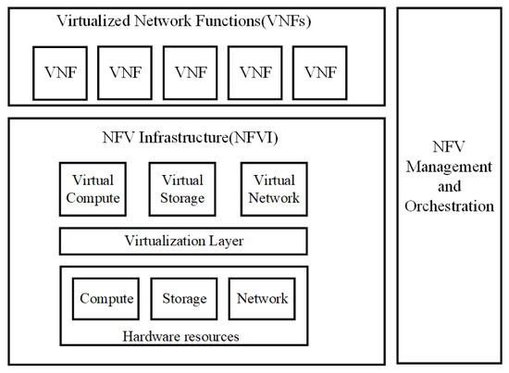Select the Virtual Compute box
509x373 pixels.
pyautogui.click(x=92, y=188)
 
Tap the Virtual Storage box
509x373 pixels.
pyautogui.click(x=182, y=188)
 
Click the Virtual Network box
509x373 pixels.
pyautogui.click(x=274, y=188)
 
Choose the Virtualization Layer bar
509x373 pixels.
pyautogui.click(x=182, y=241)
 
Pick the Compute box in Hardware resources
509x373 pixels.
pyautogui.click(x=106, y=299)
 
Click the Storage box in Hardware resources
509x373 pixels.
pyautogui.click(x=183, y=299)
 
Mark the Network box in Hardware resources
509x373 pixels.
pyautogui.click(x=262, y=299)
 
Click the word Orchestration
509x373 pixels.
pyautogui.click(x=450, y=205)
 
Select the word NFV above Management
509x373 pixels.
pyautogui.click(x=450, y=147)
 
